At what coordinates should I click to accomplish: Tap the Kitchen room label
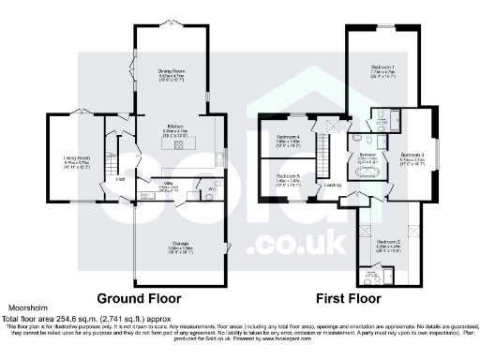(174, 126)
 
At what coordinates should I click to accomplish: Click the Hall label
(120, 178)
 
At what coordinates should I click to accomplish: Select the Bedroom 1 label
(382, 67)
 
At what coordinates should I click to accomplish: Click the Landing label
(333, 184)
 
